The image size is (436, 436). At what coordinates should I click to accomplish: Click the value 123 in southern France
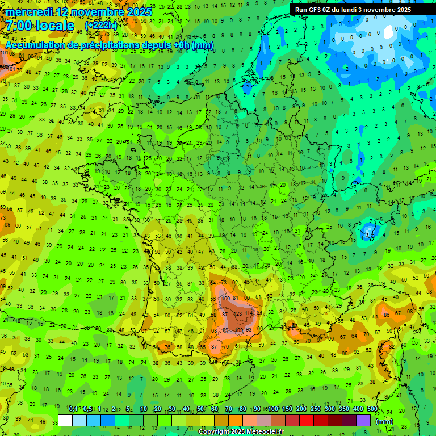click(x=238, y=313)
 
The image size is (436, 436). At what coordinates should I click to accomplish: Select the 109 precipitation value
click(x=240, y=330)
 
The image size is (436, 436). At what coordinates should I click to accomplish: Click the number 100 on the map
click(x=227, y=298)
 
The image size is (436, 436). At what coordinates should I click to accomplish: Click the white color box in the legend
click(x=65, y=421)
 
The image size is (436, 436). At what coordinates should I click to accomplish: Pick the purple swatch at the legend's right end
click(x=363, y=421)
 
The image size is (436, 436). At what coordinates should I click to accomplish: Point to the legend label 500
click(x=372, y=409)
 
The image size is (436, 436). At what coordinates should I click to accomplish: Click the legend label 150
click(x=287, y=409)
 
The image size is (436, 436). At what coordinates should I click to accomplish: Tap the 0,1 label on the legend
click(x=73, y=409)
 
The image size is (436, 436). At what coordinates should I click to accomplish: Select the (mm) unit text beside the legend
click(x=384, y=421)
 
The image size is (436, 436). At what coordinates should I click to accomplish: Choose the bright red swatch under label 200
click(x=307, y=421)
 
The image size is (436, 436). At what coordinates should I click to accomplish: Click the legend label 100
click(x=272, y=409)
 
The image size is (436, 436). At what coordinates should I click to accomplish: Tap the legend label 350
click(x=343, y=409)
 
